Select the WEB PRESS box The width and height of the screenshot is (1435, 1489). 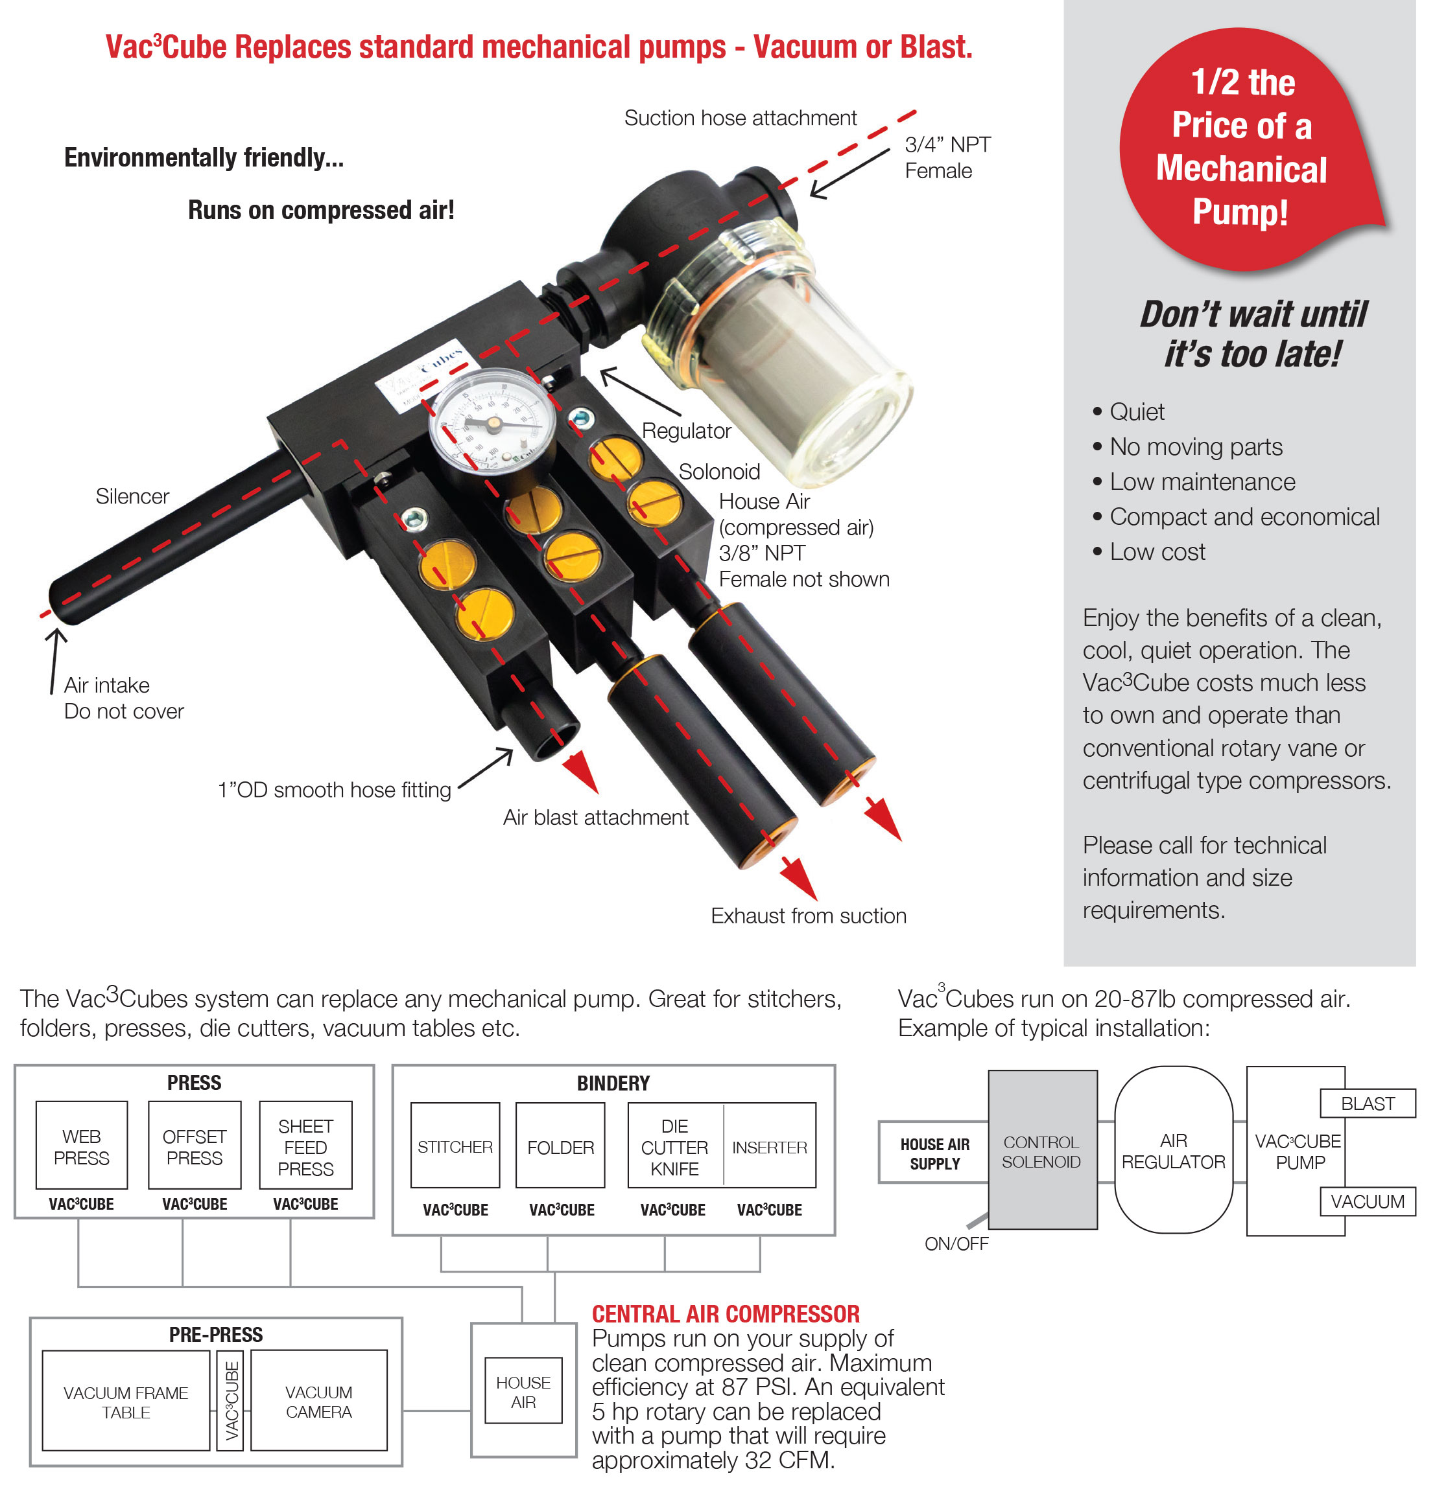[x=81, y=1146]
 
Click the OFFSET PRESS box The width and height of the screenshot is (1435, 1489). [x=195, y=1146]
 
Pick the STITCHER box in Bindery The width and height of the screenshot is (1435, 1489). [x=455, y=1146]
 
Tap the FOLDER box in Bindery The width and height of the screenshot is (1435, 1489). [x=560, y=1146]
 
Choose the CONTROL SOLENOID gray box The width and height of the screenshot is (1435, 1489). [x=1041, y=1151]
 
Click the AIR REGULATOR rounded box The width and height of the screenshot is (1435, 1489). [x=1173, y=1150]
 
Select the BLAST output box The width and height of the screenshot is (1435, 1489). [x=1367, y=1103]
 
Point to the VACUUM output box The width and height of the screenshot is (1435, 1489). [x=1367, y=1201]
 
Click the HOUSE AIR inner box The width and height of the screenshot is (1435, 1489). [x=523, y=1392]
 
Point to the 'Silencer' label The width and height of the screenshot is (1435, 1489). [x=132, y=496]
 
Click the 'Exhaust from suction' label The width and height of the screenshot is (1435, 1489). [x=808, y=916]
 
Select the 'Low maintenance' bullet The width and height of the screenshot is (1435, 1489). [x=1202, y=481]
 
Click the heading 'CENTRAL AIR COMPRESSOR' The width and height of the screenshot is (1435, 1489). [x=726, y=1313]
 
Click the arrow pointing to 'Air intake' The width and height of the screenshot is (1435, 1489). [x=54, y=658]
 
